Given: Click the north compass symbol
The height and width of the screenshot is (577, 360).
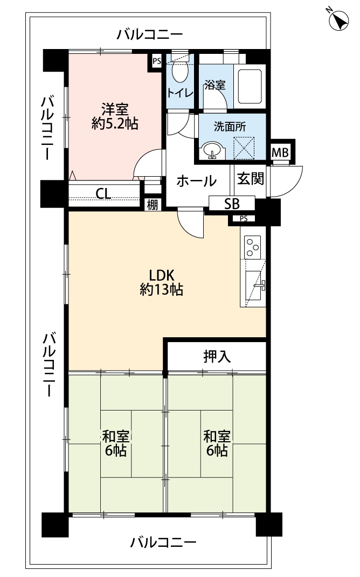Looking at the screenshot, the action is coord(338,19).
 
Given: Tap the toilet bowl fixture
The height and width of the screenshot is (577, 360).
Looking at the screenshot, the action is coord(180,72).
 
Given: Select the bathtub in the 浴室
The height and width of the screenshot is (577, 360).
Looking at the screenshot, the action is coord(250,86).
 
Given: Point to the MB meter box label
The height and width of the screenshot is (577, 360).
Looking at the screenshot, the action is coord(280,152).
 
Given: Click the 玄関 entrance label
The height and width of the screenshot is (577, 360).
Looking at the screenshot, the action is coord(250,179).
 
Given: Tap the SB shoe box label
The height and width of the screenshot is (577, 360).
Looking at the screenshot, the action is coord(232,204).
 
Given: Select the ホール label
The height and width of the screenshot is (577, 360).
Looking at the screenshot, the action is coord(196,181).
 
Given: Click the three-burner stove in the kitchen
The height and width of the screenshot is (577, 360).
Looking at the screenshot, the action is coord(253,247).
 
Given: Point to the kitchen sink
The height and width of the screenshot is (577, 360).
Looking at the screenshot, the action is coord(254,285).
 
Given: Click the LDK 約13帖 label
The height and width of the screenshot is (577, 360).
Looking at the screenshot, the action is coord(161,282).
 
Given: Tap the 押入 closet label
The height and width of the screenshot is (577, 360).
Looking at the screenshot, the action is coord(217,356).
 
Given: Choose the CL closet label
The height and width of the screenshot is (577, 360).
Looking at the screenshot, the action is coord(103,193).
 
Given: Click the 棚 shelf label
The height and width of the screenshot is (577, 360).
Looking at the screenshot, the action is coord(153,205).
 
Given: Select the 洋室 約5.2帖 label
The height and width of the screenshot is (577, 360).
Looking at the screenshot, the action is coord(115,117).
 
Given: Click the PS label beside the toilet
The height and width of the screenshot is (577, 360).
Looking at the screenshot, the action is coord(157,61).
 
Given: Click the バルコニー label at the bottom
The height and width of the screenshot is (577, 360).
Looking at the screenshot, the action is coord(163,543).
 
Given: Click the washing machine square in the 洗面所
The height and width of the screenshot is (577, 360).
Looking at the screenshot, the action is coord(244,148).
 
